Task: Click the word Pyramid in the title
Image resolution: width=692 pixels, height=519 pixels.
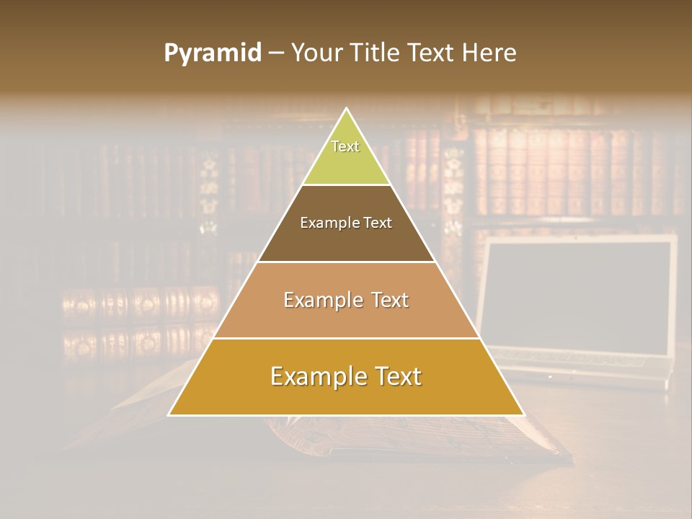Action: (212, 53)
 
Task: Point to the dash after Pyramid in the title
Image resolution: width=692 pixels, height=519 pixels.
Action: (275, 53)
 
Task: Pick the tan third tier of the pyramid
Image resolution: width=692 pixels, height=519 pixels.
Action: (346, 310)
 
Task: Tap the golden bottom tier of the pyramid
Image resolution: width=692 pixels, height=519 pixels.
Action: (346, 389)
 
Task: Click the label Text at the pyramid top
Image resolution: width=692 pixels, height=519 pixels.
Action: (345, 146)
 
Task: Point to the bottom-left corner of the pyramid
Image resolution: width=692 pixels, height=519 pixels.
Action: (169, 414)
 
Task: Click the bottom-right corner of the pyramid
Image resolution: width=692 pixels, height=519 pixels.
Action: (523, 414)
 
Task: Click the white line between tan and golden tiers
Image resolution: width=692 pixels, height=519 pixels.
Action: (346, 338)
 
